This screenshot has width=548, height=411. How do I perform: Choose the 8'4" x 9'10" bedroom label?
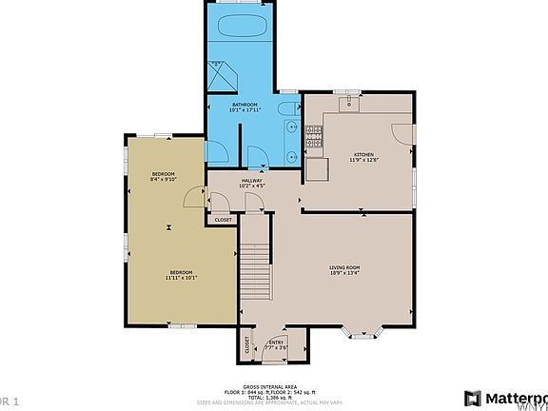pyautogui.click(x=164, y=176)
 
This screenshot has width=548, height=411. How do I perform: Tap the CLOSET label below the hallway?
pyautogui.click(x=223, y=220)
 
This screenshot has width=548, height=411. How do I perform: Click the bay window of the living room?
pyautogui.click(x=362, y=334)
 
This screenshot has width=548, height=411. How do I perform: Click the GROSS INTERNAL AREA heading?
pyautogui.click(x=273, y=386)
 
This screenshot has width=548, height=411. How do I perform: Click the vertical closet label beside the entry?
pyautogui.click(x=247, y=344)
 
